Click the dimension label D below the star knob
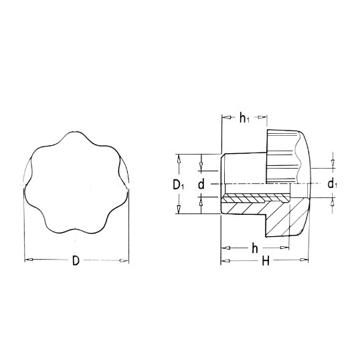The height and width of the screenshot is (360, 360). (x=76, y=260)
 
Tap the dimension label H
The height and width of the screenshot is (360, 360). (x=266, y=261)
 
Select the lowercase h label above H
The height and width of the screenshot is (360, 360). (x=255, y=248)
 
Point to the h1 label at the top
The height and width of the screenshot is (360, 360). (x=244, y=118)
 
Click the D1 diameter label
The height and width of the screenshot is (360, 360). (x=179, y=185)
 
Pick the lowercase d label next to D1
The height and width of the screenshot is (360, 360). (x=201, y=185)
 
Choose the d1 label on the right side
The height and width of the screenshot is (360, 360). (x=332, y=184)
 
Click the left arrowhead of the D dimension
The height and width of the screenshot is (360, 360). (x=29, y=260)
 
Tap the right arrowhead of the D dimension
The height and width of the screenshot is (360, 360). (x=124, y=260)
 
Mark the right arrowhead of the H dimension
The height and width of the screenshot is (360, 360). (x=304, y=260)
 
